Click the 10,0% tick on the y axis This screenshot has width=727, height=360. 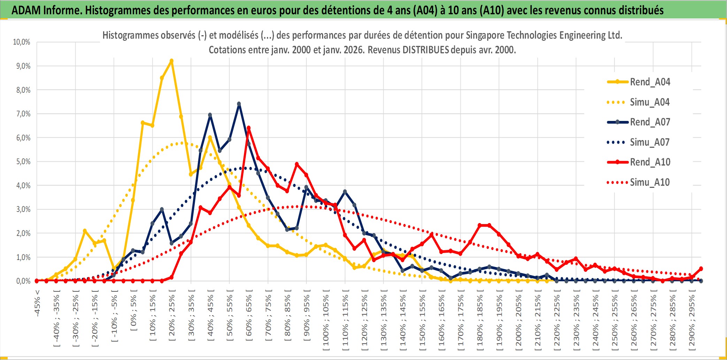pyautogui.click(x=22, y=42)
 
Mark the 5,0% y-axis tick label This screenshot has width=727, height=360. pyautogui.click(x=23, y=162)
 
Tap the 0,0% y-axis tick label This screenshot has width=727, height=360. pyautogui.click(x=23, y=281)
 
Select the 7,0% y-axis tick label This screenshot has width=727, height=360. pyautogui.click(x=23, y=114)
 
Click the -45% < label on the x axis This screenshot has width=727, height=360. pyautogui.click(x=37, y=303)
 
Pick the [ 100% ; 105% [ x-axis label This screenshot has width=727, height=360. pyautogui.click(x=326, y=321)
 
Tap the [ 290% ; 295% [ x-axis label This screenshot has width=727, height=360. pyautogui.click(x=692, y=321)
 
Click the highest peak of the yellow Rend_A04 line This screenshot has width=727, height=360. pyautogui.click(x=171, y=61)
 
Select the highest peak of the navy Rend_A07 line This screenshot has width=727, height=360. pyautogui.click(x=239, y=104)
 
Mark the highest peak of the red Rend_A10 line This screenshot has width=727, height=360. pyautogui.click(x=248, y=128)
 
